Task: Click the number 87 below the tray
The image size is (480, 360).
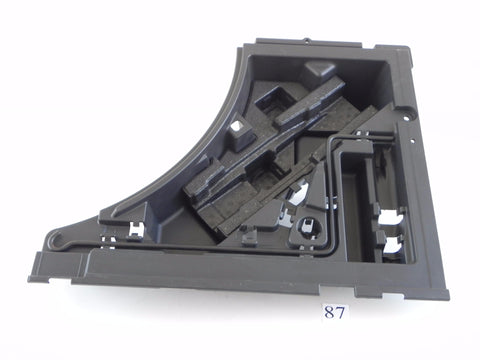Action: [x=335, y=313]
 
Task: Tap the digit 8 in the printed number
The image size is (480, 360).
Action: [x=330, y=313]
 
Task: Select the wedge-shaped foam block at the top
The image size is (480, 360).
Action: [x=318, y=71]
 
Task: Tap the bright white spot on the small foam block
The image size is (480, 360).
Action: [x=238, y=126]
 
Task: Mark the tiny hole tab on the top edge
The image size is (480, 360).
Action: [x=307, y=41]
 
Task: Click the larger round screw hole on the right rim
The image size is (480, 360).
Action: [x=406, y=117]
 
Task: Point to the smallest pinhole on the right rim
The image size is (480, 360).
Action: [x=412, y=141]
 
